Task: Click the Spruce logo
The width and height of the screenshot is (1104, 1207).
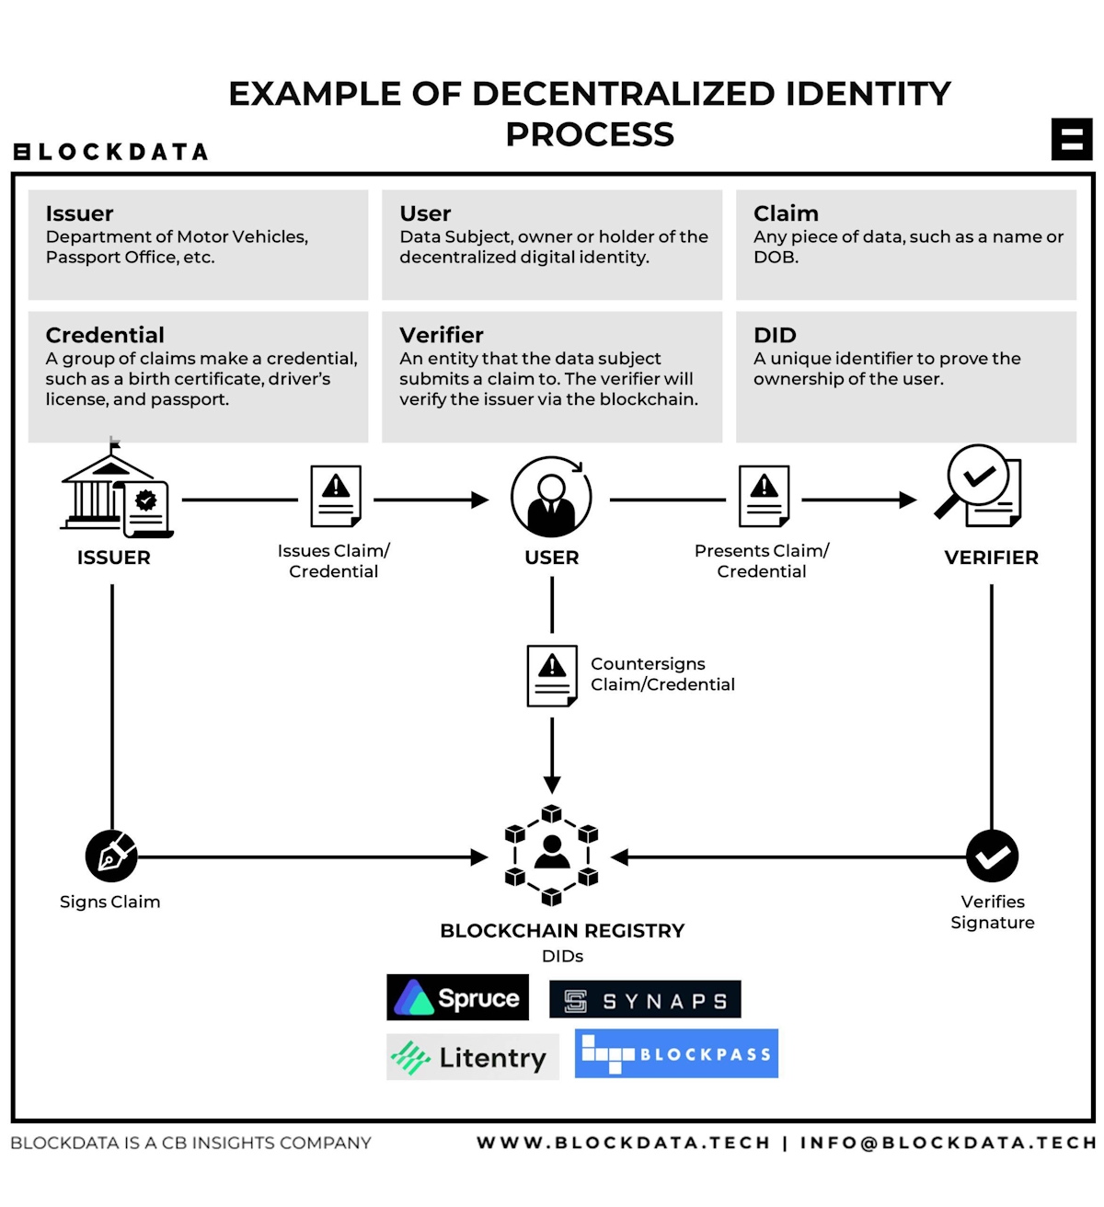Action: pyautogui.click(x=457, y=997)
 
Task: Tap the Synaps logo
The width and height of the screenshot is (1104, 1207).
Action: pyautogui.click(x=645, y=1000)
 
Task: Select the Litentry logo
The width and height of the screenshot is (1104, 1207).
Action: pyautogui.click(x=472, y=1057)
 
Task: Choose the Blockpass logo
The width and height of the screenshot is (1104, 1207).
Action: pyautogui.click(x=676, y=1053)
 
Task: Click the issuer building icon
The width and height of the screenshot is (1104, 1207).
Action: pyautogui.click(x=115, y=491)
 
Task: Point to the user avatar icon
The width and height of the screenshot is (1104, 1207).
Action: pyautogui.click(x=551, y=497)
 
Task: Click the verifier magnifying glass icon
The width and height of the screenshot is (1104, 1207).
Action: pyautogui.click(x=979, y=486)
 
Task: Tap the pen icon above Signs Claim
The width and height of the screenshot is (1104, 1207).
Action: pyautogui.click(x=111, y=856)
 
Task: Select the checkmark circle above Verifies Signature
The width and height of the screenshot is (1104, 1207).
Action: pyautogui.click(x=992, y=856)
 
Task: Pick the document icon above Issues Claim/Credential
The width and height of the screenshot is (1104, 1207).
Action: pyautogui.click(x=335, y=496)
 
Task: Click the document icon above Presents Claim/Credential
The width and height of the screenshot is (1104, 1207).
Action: pyautogui.click(x=764, y=496)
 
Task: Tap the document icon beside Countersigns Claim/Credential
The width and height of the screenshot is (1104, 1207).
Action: pyautogui.click(x=552, y=675)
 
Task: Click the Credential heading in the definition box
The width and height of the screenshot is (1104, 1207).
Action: pyautogui.click(x=105, y=335)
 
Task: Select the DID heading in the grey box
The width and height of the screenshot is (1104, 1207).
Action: pyautogui.click(x=775, y=335)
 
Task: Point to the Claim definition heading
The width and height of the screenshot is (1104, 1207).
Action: pyautogui.click(x=786, y=213)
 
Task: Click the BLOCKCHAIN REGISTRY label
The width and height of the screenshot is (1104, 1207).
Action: pyautogui.click(x=562, y=930)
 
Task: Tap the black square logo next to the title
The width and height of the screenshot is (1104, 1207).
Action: pyautogui.click(x=1072, y=140)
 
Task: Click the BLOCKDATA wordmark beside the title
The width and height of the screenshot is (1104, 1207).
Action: pyautogui.click(x=111, y=152)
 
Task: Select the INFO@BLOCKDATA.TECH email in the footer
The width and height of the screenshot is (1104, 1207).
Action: pyautogui.click(x=948, y=1143)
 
